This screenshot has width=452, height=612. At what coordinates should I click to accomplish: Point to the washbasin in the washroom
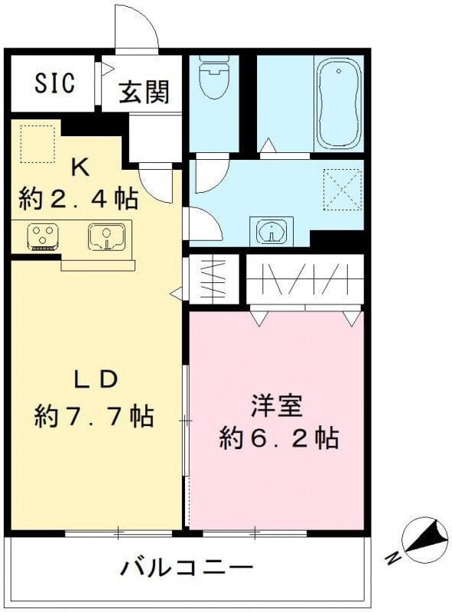[x=272, y=230]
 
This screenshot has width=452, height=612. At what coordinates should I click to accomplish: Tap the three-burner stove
[x=41, y=236]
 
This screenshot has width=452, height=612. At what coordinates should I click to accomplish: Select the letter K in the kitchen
[x=78, y=167]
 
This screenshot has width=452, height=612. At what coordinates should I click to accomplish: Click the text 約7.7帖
[x=94, y=416]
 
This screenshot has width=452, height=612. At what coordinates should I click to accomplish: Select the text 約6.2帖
[x=278, y=438]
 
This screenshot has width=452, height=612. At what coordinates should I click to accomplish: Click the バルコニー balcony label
[x=187, y=568]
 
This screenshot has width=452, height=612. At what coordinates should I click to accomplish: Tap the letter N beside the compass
[x=392, y=558]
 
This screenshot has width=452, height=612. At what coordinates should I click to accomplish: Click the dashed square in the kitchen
[x=37, y=143]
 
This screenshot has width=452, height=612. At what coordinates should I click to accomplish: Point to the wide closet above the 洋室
[x=304, y=280]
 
